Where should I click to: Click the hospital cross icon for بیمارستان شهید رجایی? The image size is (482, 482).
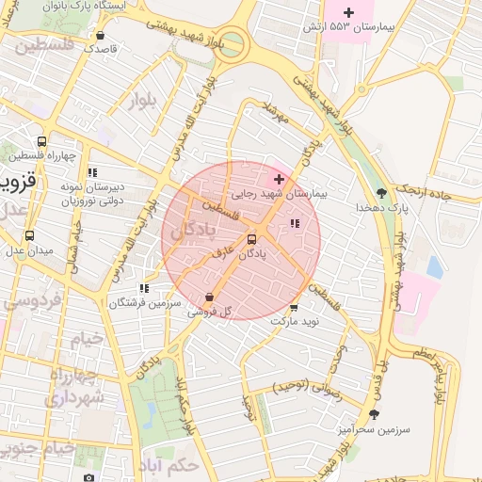tap(279, 179)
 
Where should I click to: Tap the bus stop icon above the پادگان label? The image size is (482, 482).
tap(250, 239)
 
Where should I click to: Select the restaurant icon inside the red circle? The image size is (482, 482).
tap(295, 224)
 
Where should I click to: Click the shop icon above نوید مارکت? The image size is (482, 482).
tap(294, 307)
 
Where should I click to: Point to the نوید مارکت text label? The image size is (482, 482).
tap(296, 321)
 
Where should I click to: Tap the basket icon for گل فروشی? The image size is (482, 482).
tap(208, 297)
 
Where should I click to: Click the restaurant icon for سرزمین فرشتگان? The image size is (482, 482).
tap(143, 289)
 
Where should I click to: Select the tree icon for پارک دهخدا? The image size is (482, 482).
tap(380, 193)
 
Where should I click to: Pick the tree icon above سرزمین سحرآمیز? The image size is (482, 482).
tap(374, 414)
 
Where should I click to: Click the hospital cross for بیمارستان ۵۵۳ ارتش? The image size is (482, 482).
tap(349, 12)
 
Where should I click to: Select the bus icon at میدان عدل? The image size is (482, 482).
tap(29, 236)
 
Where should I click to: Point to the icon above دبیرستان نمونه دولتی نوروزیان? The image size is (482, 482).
tap(92, 172)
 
